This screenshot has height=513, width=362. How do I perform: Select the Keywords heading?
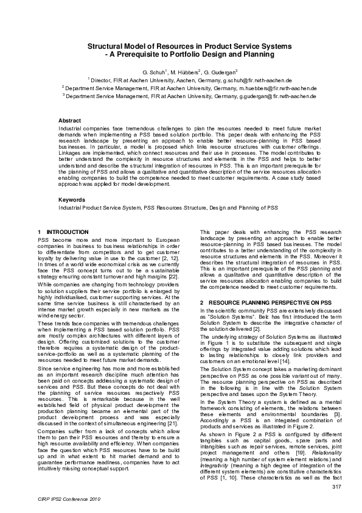tap(71, 200)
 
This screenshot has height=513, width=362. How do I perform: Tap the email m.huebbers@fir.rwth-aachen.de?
tap(277, 88)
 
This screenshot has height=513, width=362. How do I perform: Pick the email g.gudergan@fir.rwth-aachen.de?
tap(277, 96)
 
